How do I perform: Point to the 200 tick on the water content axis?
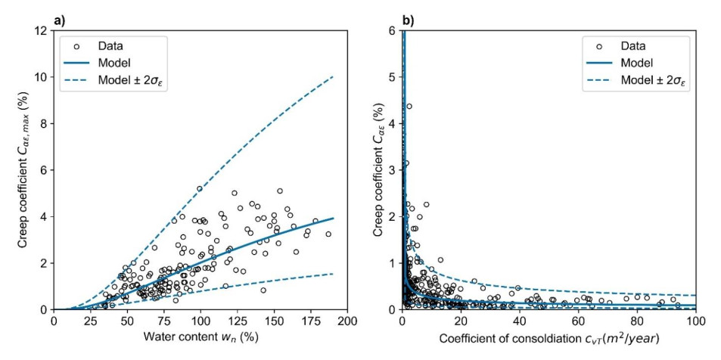347,321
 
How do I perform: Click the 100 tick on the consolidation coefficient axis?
695,321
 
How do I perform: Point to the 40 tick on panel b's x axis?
520,321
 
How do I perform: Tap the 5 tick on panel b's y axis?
391,77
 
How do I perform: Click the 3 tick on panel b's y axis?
391,170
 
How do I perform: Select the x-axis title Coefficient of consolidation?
549,337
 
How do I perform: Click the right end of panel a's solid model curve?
333,218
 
